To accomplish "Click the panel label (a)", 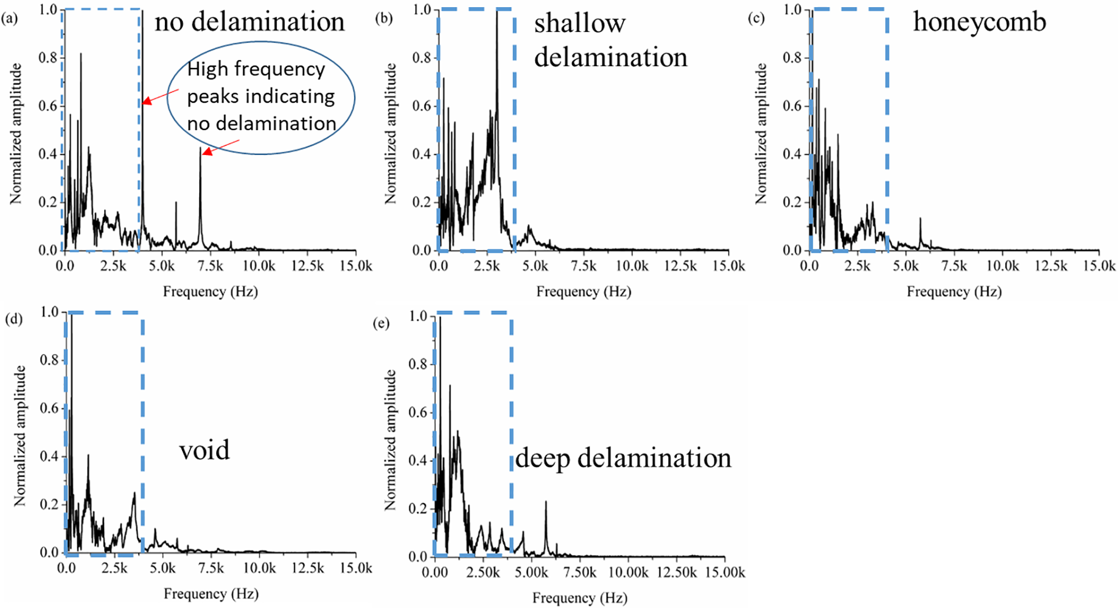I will tap(9, 19).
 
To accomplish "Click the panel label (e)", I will tap(381, 323).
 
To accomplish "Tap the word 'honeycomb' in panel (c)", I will tap(979, 22).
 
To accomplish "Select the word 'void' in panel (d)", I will tap(204, 450).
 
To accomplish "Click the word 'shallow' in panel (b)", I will tap(579, 23).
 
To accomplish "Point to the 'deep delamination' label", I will tap(623, 458).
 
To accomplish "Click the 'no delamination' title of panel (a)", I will tap(249, 22).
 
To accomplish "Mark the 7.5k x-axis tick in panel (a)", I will tap(210, 266).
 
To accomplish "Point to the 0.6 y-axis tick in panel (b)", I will tap(421, 106).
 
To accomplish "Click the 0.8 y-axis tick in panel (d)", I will tap(49, 360).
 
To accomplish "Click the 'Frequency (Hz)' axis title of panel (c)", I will tap(954, 291).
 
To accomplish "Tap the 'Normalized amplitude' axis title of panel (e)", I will tap(390, 440).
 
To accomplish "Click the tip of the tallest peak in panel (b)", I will tap(496, 11).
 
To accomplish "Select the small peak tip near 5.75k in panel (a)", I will tap(176, 202).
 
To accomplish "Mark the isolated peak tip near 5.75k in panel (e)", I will tap(546, 502).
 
